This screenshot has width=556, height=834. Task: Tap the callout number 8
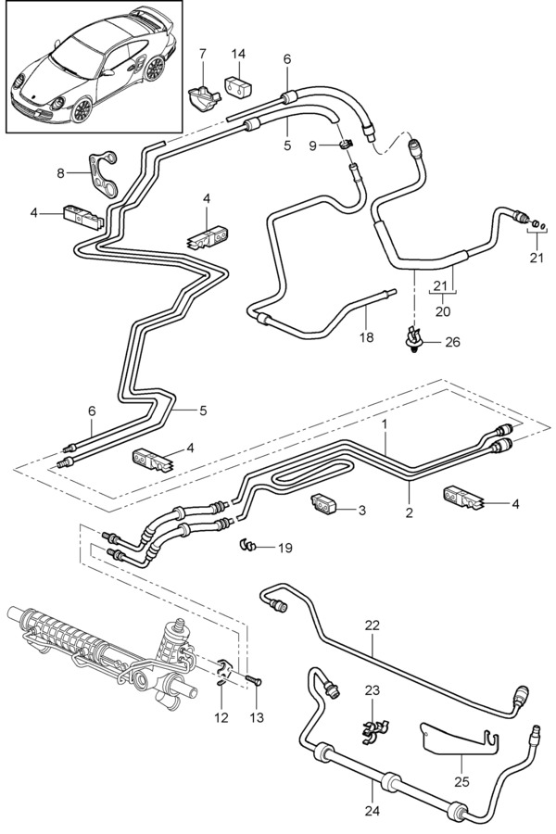click(60, 172)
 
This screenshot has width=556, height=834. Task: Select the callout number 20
click(443, 311)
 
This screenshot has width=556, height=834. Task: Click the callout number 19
click(284, 548)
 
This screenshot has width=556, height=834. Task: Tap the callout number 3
click(362, 510)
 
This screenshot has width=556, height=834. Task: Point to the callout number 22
click(373, 625)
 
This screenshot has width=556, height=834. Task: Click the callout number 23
click(373, 689)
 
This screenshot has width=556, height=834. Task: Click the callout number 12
click(220, 718)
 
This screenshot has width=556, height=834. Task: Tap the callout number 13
click(257, 718)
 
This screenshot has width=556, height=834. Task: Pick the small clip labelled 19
click(247, 545)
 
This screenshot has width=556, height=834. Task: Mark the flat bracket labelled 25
click(454, 738)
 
